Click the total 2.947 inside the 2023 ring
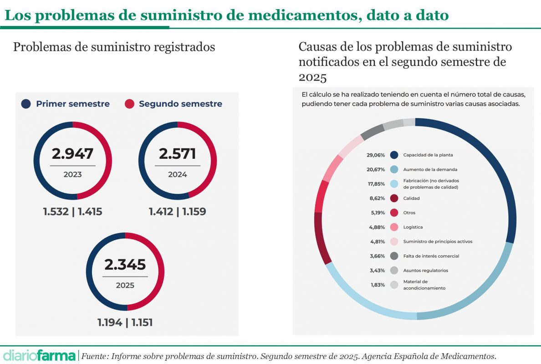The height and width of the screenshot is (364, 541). pyautogui.click(x=72, y=154)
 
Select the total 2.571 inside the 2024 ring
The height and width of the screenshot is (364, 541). pyautogui.click(x=178, y=154)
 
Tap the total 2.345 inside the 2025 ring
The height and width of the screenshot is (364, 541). pyautogui.click(x=125, y=264)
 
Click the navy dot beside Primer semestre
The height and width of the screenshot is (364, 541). pyautogui.click(x=26, y=104)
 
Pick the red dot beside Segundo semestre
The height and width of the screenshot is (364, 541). pyautogui.click(x=129, y=104)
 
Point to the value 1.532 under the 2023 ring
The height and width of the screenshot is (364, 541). pyautogui.click(x=56, y=212)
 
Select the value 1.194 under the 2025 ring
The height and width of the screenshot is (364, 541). pyautogui.click(x=110, y=323)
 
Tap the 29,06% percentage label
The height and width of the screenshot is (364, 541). pyautogui.click(x=376, y=155)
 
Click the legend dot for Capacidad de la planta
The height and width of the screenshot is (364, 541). pyautogui.click(x=394, y=155)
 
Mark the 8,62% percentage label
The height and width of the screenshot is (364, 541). pyautogui.click(x=377, y=198)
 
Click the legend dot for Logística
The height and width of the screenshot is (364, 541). pyautogui.click(x=394, y=227)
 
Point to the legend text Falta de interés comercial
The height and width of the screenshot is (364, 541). pyautogui.click(x=431, y=256)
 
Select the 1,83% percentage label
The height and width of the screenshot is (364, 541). pyautogui.click(x=377, y=285)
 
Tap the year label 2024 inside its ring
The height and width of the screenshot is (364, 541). pyautogui.click(x=178, y=174)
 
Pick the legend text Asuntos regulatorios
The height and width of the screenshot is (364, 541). pyautogui.click(x=426, y=271)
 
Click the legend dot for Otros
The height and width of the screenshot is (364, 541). pyautogui.click(x=394, y=212)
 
